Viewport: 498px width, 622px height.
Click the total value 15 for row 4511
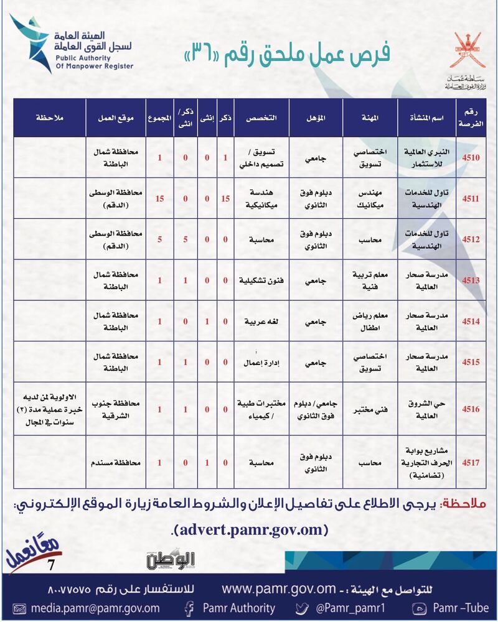click(x=160, y=198)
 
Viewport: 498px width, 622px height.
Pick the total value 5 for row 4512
click(x=160, y=239)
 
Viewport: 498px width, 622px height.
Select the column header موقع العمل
click(x=113, y=117)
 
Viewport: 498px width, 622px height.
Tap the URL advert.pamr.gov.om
click(x=249, y=530)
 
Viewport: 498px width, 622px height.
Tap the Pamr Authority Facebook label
click(x=239, y=608)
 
